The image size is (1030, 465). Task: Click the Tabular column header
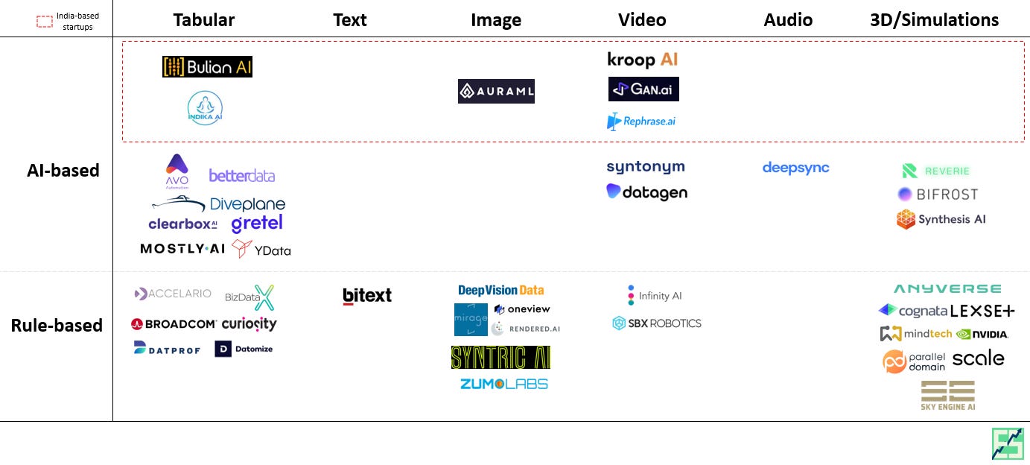click(x=203, y=20)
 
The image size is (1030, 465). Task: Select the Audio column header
click(x=788, y=20)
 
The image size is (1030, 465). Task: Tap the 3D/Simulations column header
click(x=944, y=20)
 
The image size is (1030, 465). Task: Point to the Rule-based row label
click(x=57, y=325)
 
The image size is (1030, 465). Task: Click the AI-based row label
click(x=63, y=170)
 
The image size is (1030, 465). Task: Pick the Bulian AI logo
click(x=207, y=67)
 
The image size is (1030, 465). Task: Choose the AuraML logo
click(x=496, y=91)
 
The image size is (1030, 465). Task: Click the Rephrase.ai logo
click(x=641, y=121)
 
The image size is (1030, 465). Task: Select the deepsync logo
click(x=795, y=168)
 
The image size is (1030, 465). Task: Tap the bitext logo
click(x=367, y=295)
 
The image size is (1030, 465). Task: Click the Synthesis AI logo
click(x=941, y=219)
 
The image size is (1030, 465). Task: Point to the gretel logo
click(x=257, y=223)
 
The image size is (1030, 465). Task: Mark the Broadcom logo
click(x=174, y=324)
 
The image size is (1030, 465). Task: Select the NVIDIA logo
click(x=982, y=334)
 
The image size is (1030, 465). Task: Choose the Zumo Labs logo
click(x=503, y=384)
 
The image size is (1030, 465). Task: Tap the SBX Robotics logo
click(x=656, y=323)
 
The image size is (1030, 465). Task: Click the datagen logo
click(x=646, y=192)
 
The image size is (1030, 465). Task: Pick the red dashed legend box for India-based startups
click(x=45, y=21)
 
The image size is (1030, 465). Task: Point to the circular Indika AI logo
click(x=205, y=108)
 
